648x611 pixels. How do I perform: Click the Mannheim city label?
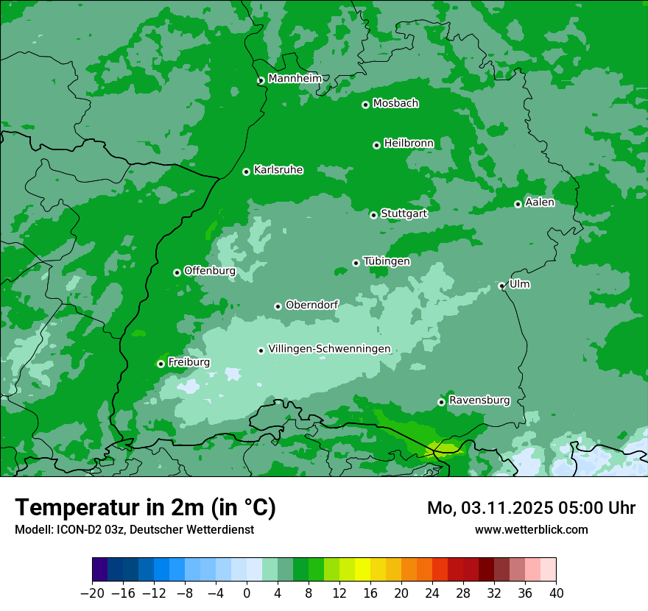click(295, 79)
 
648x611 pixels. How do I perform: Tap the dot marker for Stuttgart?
click(373, 215)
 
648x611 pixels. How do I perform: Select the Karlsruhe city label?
click(278, 170)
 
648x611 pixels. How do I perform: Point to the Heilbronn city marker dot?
click(376, 145)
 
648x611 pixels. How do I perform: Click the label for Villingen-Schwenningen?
click(329, 349)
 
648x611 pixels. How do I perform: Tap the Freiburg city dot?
click(161, 364)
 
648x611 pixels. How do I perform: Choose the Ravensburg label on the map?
click(479, 400)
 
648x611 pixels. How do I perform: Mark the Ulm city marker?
click(501, 286)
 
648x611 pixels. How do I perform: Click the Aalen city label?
click(540, 202)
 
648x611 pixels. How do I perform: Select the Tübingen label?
click(387, 261)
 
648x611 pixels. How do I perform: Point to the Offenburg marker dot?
click(177, 272)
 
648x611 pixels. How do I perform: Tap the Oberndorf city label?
click(311, 305)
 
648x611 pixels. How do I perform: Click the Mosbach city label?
click(395, 104)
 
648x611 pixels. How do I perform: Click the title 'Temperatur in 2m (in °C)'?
click(145, 507)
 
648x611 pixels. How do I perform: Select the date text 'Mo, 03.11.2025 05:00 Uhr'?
click(531, 508)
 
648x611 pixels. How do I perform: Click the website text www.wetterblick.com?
click(531, 529)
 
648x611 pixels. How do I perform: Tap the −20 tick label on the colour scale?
click(92, 593)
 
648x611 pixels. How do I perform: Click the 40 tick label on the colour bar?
click(556, 593)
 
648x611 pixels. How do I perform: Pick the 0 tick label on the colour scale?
click(247, 593)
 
